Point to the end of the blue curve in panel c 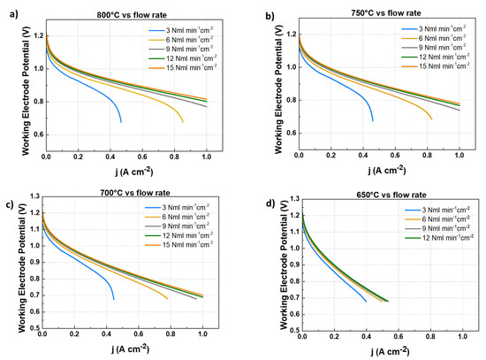114,300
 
